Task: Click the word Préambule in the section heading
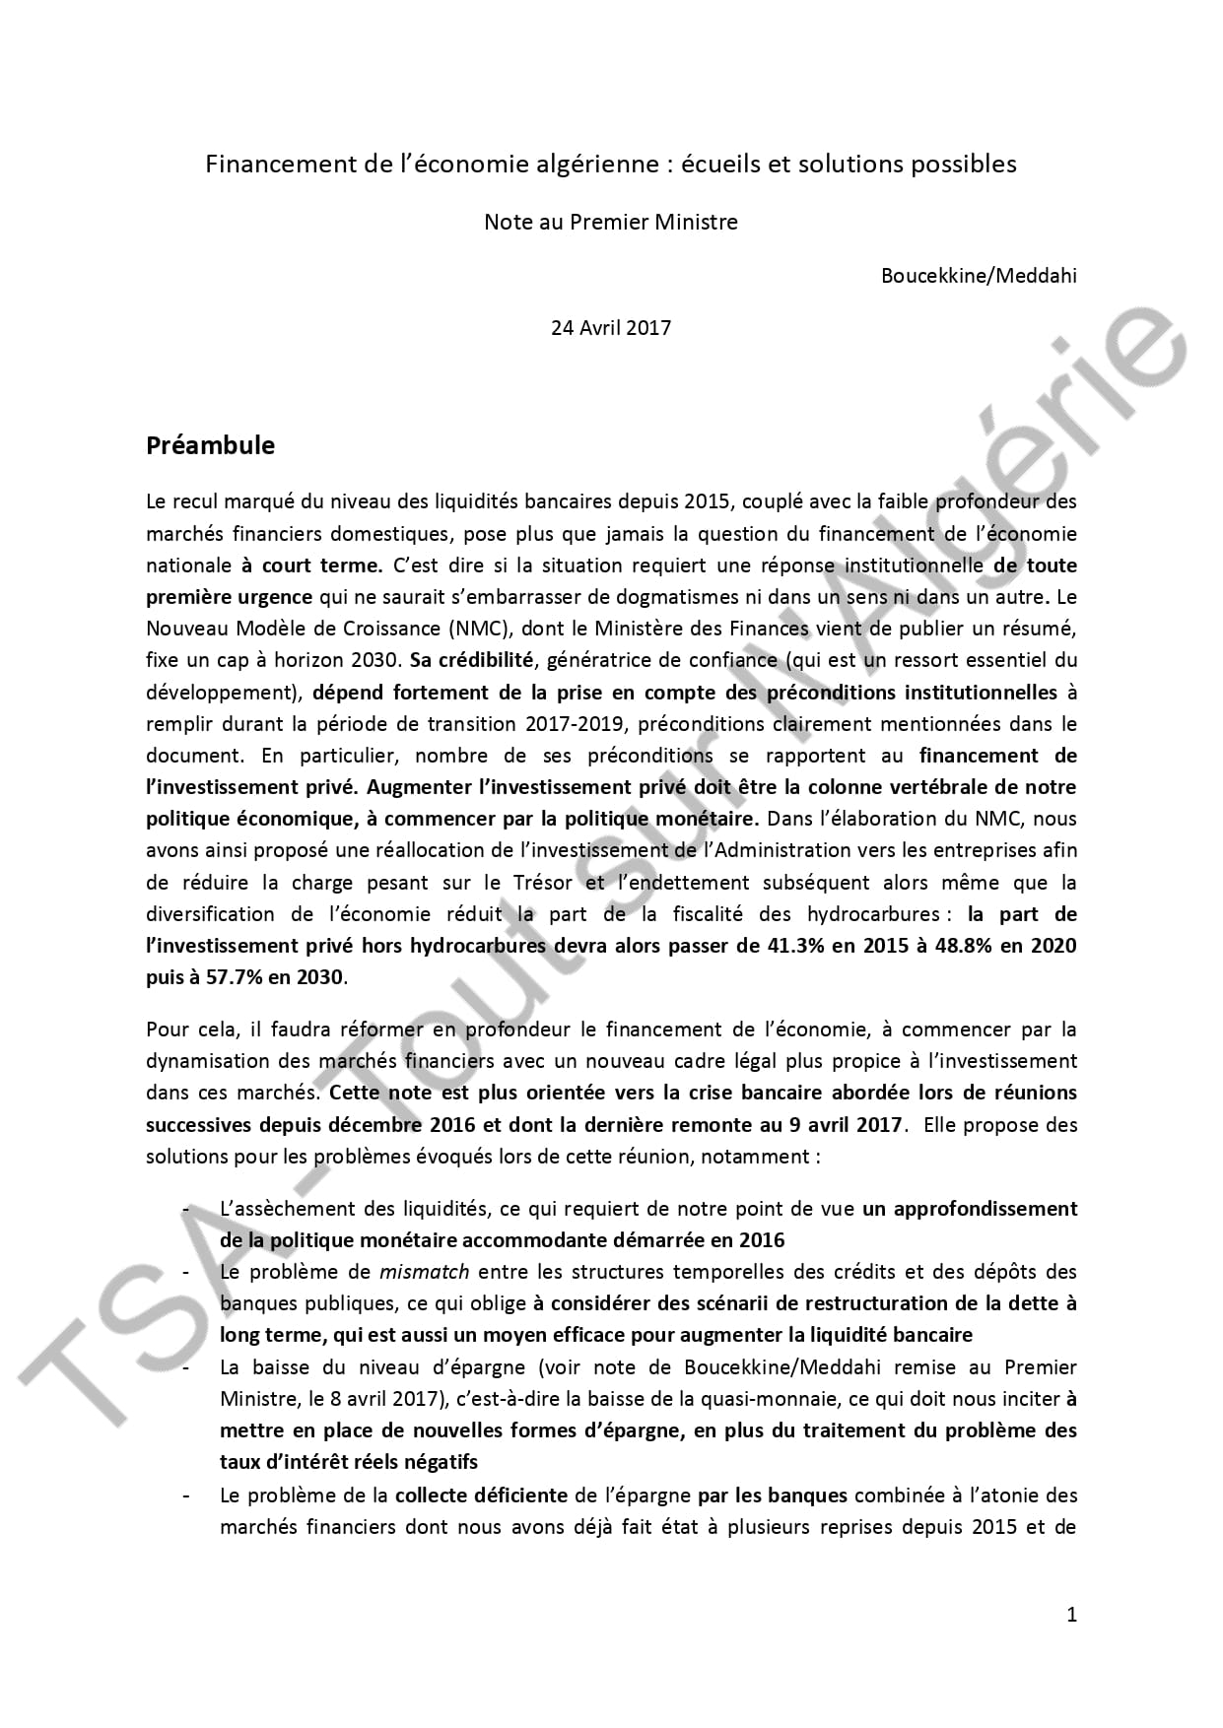210,445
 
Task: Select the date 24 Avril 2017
610,328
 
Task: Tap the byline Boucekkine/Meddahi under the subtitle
978,275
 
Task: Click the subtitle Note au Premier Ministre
610,222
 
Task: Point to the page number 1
1072,1614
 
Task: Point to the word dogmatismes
649,597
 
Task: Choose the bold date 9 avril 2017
843,1124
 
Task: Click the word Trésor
540,883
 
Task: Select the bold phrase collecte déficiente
481,1495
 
